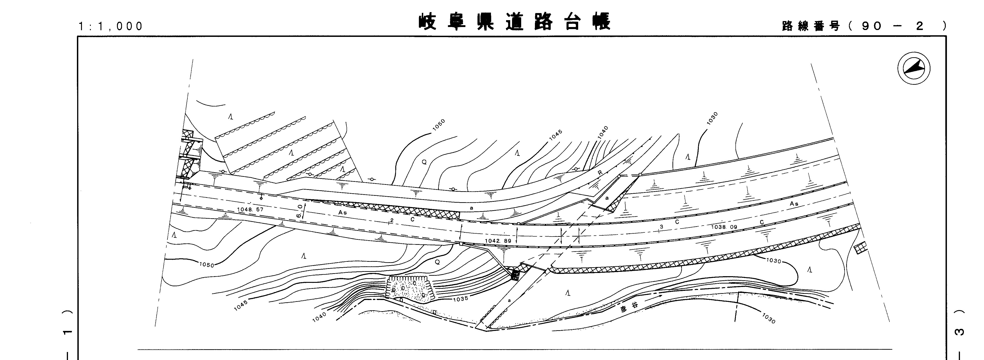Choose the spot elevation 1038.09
(x=724, y=227)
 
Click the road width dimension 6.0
(x=300, y=211)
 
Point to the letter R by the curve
(x=600, y=173)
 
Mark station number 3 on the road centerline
(x=661, y=227)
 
